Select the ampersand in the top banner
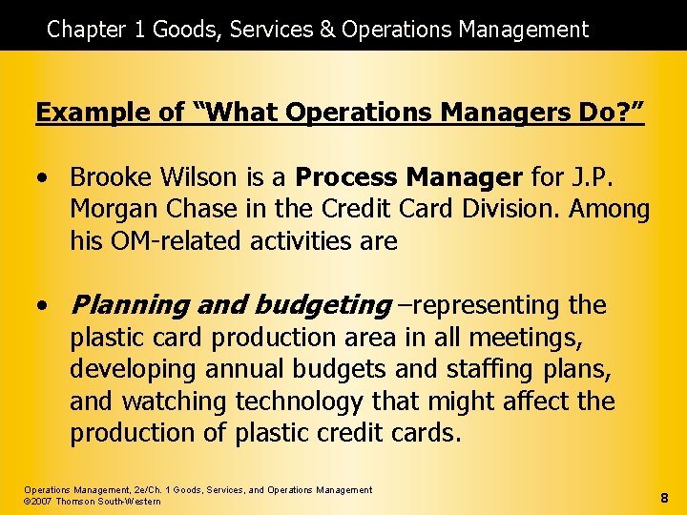point(327,30)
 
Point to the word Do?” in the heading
point(611,113)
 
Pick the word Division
point(521,209)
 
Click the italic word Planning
point(130,305)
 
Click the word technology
point(299,402)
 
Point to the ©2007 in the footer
point(39,502)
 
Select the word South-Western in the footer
point(132,502)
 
